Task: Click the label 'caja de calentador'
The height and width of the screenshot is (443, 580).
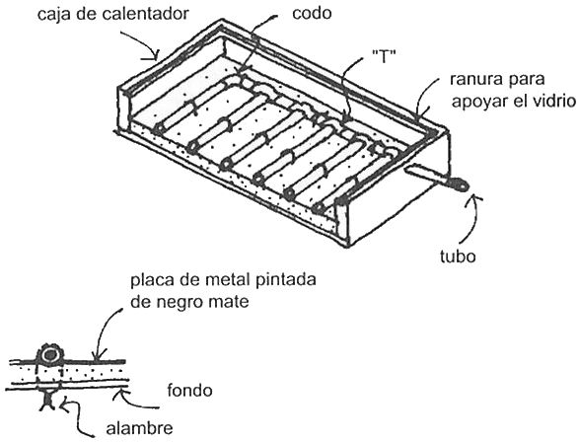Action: click(113, 14)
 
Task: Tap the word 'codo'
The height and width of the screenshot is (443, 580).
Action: click(312, 14)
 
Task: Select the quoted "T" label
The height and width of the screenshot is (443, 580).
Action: click(384, 56)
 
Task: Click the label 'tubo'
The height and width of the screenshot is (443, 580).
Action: click(458, 256)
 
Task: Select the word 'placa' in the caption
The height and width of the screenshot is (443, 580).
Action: click(152, 280)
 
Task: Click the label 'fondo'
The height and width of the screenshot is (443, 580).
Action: click(189, 391)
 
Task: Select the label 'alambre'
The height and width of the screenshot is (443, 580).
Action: click(139, 428)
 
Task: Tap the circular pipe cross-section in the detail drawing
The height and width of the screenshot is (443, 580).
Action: click(49, 355)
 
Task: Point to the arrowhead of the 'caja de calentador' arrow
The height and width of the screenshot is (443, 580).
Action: click(155, 55)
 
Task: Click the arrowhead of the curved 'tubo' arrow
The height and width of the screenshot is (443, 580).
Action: click(475, 200)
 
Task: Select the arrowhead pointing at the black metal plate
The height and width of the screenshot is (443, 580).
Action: click(97, 355)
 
